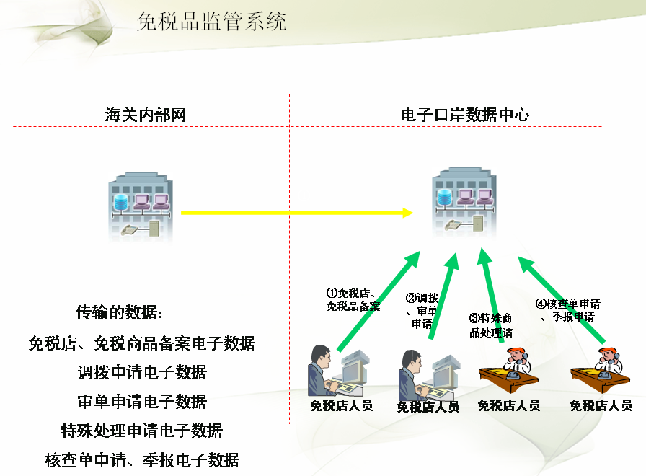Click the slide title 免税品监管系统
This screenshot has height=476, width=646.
tap(211, 22)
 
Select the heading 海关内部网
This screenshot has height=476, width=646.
tap(146, 115)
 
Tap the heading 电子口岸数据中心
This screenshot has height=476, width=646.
tap(465, 115)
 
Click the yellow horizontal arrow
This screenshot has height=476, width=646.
tap(296, 213)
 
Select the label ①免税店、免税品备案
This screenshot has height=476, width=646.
tap(353, 299)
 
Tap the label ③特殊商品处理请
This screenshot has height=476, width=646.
tap(491, 325)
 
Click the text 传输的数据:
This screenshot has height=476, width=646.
tap(120, 312)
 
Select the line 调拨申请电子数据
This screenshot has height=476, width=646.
tap(142, 372)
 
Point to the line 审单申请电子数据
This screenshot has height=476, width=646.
tap(142, 401)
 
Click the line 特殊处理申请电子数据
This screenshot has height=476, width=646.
tap(142, 431)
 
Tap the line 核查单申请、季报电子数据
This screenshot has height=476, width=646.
tap(142, 459)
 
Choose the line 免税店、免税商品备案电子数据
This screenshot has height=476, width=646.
tap(142, 343)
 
